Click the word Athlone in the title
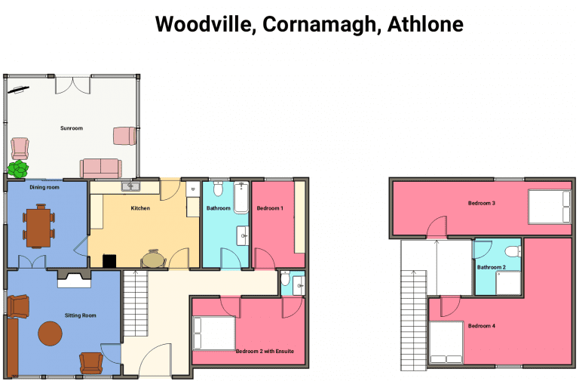[x=425, y=24]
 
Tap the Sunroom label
[x=72, y=128]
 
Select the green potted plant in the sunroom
[x=18, y=169]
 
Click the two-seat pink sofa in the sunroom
[x=101, y=168]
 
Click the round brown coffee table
[x=51, y=333]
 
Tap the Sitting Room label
[x=80, y=315]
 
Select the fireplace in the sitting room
[x=74, y=279]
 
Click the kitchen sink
[x=130, y=186]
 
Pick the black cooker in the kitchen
[x=109, y=261]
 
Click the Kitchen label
[x=140, y=208]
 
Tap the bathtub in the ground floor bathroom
[x=241, y=198]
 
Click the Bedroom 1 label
[x=270, y=208]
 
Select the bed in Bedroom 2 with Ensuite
[x=214, y=333]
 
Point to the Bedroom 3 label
[x=482, y=203]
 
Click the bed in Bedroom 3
[x=550, y=207]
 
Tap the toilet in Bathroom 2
[x=513, y=252]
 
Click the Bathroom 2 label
[x=491, y=267]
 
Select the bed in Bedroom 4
[x=446, y=343]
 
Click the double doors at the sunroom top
[x=72, y=85]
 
